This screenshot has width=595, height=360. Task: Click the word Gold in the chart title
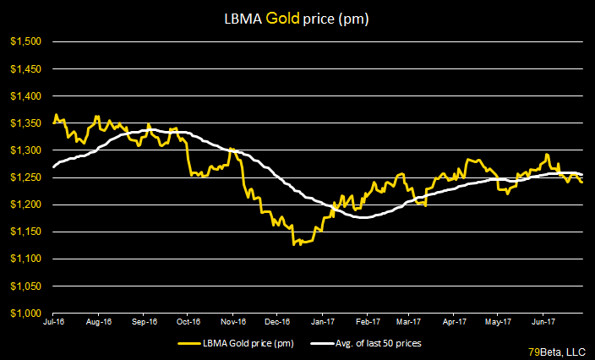(x=314, y=17)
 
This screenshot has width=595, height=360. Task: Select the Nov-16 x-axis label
(x=232, y=322)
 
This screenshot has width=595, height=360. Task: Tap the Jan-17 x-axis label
(x=321, y=322)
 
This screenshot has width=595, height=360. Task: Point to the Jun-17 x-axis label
(x=543, y=322)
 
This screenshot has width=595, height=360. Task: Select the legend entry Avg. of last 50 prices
(x=376, y=343)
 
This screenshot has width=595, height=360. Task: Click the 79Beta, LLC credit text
(x=558, y=349)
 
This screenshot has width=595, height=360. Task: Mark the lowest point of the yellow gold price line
(x=294, y=245)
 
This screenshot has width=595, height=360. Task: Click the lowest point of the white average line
(x=363, y=218)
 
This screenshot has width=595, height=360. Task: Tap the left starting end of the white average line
(x=54, y=166)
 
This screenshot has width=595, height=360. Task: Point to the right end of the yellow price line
(x=582, y=182)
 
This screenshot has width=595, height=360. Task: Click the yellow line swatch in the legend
(x=192, y=343)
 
